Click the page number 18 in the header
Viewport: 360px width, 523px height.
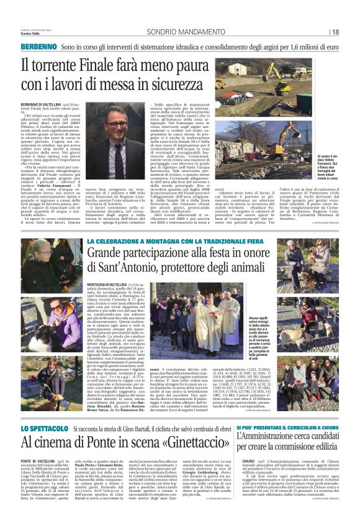pos(335,32)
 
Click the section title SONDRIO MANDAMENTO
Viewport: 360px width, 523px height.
pos(172,32)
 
